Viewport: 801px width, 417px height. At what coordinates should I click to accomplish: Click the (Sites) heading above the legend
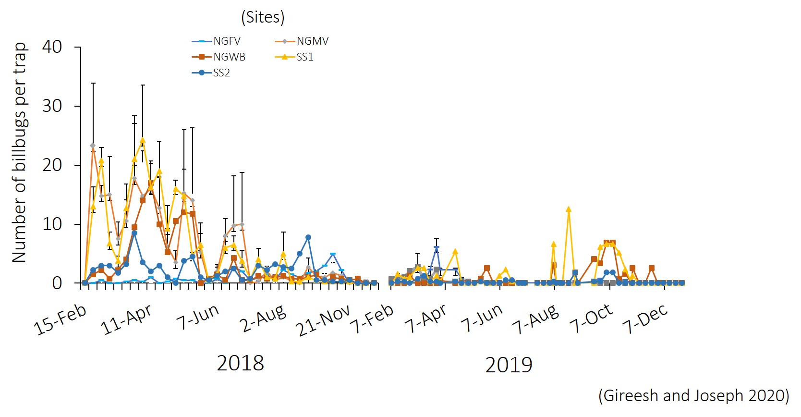(263, 17)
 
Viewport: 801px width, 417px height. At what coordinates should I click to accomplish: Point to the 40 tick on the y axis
(52, 47)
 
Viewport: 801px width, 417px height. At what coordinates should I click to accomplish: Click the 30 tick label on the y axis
(52, 106)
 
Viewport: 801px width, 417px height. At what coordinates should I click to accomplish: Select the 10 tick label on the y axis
(52, 224)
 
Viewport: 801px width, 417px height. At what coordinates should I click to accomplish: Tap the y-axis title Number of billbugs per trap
(19, 152)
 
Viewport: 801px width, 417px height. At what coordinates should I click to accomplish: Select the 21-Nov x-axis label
(323, 320)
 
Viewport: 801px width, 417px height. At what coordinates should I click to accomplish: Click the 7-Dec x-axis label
(645, 319)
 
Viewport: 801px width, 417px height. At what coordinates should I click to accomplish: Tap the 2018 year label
(240, 363)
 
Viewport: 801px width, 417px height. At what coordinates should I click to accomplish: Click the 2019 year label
(509, 365)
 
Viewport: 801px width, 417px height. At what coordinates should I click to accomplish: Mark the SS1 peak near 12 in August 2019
(569, 209)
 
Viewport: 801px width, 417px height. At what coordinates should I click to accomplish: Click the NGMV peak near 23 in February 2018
(93, 146)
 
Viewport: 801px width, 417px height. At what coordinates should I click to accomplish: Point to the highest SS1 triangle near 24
(143, 140)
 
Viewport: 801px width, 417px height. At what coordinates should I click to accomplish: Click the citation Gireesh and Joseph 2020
(693, 395)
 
